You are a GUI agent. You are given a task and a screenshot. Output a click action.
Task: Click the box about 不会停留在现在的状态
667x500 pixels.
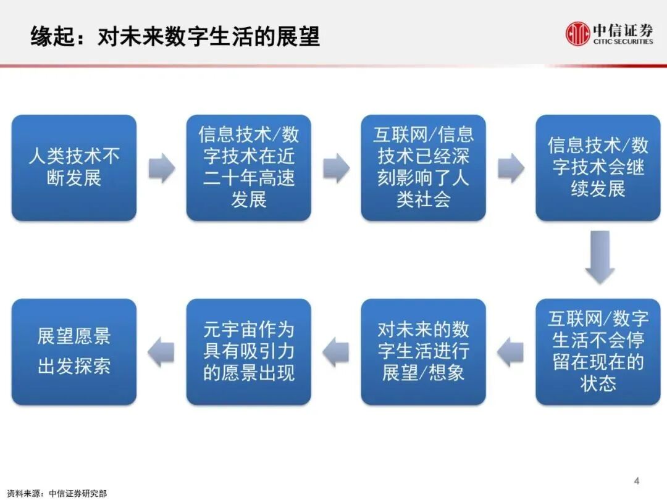coord(598,352)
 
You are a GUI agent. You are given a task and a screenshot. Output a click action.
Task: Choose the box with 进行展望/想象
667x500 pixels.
coord(423,352)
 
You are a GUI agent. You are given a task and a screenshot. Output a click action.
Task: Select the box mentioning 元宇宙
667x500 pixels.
coord(248,352)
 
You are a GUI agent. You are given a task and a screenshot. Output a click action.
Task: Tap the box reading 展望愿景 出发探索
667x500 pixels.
coord(74,352)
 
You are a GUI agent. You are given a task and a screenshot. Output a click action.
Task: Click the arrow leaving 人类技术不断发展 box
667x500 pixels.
coord(161,168)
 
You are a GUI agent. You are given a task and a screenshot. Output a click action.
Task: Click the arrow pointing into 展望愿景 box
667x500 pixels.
coord(161,352)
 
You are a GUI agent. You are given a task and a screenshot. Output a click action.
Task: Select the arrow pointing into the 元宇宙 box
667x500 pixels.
coord(336,352)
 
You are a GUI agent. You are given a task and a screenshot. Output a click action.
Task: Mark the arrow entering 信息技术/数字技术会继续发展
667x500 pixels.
coord(511,168)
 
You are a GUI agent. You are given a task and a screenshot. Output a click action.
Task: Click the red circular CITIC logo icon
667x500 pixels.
coord(578,34)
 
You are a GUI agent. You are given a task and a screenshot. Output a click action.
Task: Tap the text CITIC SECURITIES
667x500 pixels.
coord(623,42)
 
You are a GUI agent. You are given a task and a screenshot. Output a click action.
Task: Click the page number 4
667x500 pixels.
coord(637,480)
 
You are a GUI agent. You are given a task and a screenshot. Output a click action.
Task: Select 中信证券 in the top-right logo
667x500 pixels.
coord(623,30)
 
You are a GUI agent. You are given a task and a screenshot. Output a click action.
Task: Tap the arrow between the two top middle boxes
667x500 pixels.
coord(336,168)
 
